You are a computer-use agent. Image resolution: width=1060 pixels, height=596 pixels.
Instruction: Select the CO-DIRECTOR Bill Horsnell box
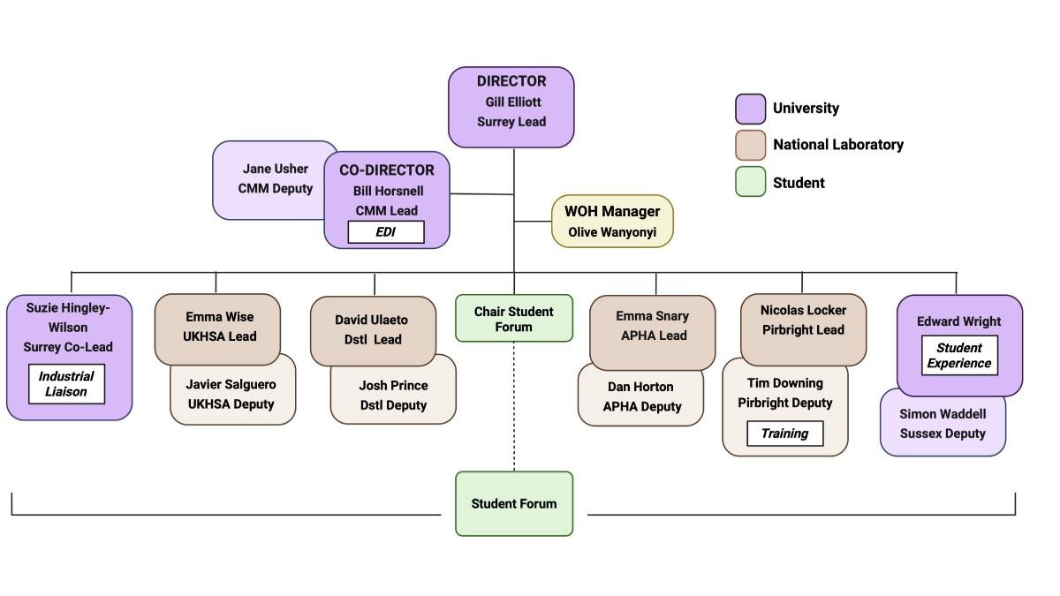point(387,190)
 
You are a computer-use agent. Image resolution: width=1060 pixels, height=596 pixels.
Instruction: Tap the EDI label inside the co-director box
point(385,232)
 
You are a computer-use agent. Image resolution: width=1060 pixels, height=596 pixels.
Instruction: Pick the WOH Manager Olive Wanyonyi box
point(611,221)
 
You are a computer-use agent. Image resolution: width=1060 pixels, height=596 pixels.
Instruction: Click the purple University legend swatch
point(750,109)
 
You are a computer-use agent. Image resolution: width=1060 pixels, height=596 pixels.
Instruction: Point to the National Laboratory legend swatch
point(750,145)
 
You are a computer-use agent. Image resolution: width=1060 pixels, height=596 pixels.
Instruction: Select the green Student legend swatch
point(750,182)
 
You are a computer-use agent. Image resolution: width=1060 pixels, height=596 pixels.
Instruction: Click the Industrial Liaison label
point(66,384)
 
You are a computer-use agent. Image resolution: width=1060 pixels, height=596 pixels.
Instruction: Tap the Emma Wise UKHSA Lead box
point(217,327)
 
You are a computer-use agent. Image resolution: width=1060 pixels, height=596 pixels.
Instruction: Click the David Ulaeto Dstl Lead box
point(373,329)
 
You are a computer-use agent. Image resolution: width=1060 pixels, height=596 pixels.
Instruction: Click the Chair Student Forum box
point(514,319)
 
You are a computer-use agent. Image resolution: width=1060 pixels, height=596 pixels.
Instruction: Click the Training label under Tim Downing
point(784,434)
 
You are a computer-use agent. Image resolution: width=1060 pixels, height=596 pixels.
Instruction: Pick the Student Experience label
point(959,355)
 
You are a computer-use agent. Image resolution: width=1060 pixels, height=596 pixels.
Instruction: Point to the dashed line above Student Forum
point(514,406)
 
